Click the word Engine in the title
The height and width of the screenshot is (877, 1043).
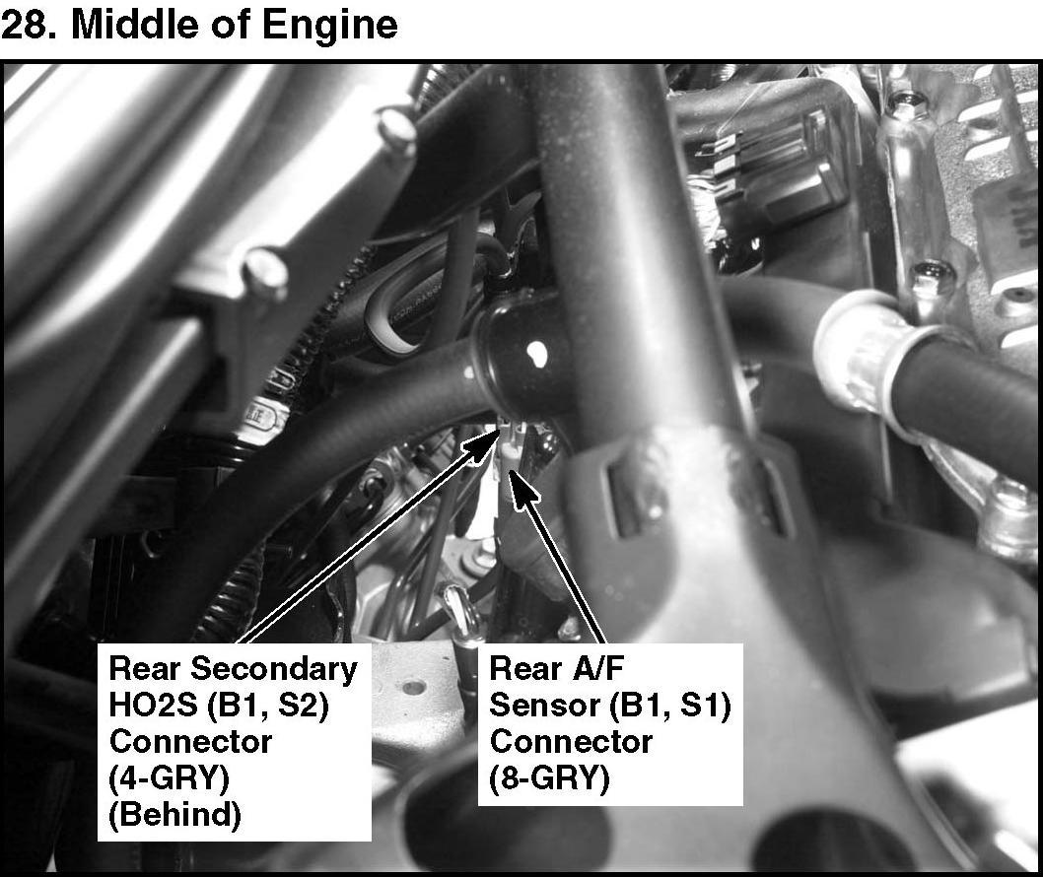click(330, 27)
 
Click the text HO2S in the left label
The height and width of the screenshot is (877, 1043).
click(153, 706)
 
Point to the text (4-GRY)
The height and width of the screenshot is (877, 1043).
click(169, 778)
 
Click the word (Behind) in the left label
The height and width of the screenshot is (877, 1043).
click(174, 815)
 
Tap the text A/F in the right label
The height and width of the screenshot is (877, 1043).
click(596, 668)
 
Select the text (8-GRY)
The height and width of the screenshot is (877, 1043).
click(549, 778)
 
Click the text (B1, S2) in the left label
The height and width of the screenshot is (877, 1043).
click(268, 706)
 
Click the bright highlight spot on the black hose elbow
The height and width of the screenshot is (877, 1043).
click(536, 353)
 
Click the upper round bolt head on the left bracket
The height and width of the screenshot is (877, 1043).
click(396, 128)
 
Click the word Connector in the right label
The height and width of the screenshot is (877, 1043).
click(571, 742)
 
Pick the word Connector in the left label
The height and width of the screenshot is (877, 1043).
click(190, 742)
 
